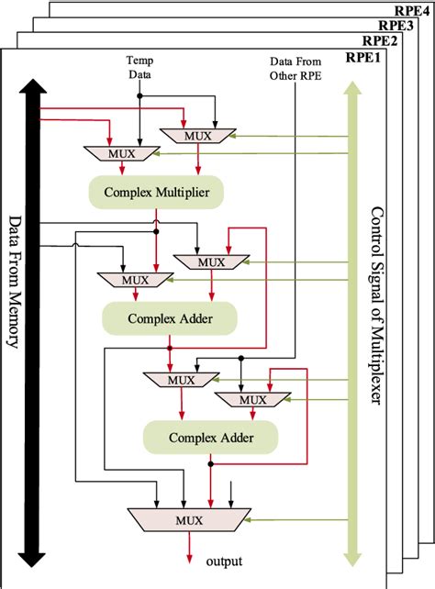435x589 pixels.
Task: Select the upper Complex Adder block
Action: point(170,317)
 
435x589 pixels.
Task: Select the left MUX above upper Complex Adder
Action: point(135,279)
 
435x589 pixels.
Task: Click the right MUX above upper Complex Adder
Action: point(211,262)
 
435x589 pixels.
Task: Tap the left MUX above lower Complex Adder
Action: point(180,380)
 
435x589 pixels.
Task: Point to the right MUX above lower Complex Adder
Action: point(252,399)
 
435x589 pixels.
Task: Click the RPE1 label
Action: point(362,57)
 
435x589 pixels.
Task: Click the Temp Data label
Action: point(139,66)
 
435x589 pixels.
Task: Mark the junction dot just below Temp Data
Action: point(139,94)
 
